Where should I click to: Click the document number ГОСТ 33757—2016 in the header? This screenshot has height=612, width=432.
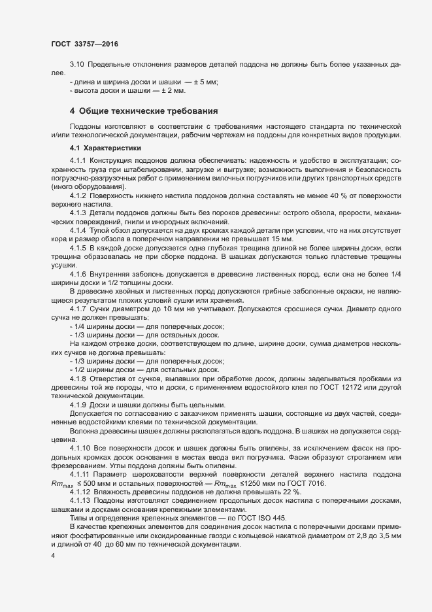tap(84, 44)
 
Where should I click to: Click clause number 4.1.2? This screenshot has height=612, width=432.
tap(78, 195)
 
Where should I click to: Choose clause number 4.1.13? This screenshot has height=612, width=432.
tap(80, 501)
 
